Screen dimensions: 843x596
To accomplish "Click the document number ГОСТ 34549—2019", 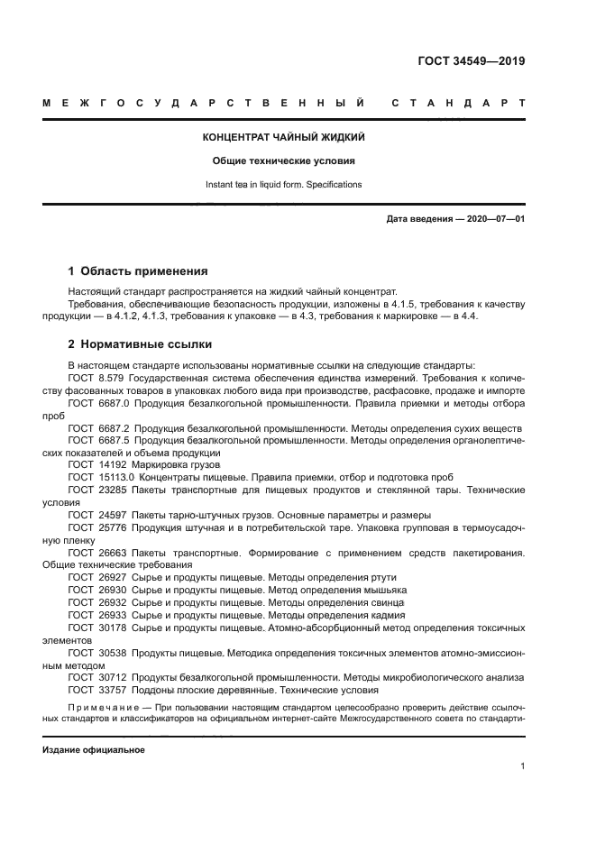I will pos(471,62).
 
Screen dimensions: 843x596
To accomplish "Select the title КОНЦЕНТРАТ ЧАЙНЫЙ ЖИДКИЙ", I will pos(283,138).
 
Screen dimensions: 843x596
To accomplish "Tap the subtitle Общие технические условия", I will pos(283,162).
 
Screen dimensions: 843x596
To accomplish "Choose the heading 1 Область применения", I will pos(139,270).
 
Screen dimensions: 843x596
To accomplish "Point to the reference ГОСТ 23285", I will pos(96,489).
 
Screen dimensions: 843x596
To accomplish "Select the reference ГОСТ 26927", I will pos(96,577).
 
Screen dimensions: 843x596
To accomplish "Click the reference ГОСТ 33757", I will pos(96,689).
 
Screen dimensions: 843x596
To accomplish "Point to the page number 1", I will pos(523,765).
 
